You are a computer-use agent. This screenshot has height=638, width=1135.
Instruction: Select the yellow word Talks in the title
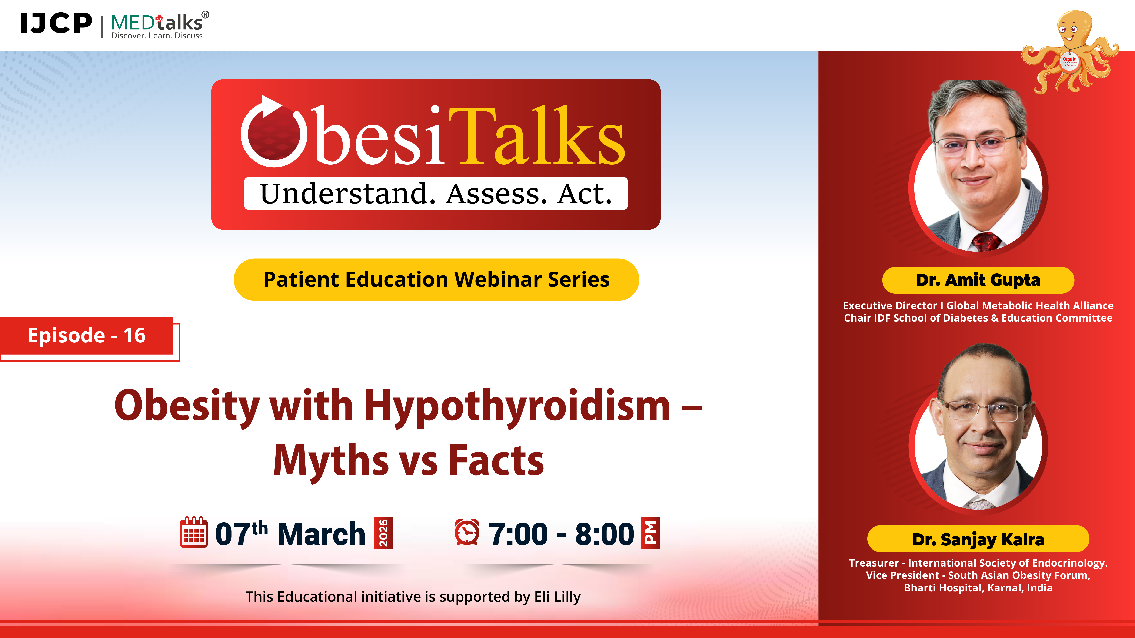[537, 137]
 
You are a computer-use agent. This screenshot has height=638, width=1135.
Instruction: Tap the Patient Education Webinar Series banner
[436, 280]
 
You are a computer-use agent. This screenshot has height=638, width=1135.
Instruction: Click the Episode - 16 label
[87, 336]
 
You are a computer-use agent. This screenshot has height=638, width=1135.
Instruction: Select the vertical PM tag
[651, 533]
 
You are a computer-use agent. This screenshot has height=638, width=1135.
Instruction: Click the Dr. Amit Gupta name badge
[978, 280]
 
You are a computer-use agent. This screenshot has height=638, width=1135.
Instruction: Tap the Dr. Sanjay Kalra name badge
[978, 539]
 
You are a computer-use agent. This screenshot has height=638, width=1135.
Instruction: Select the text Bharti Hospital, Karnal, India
[978, 588]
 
